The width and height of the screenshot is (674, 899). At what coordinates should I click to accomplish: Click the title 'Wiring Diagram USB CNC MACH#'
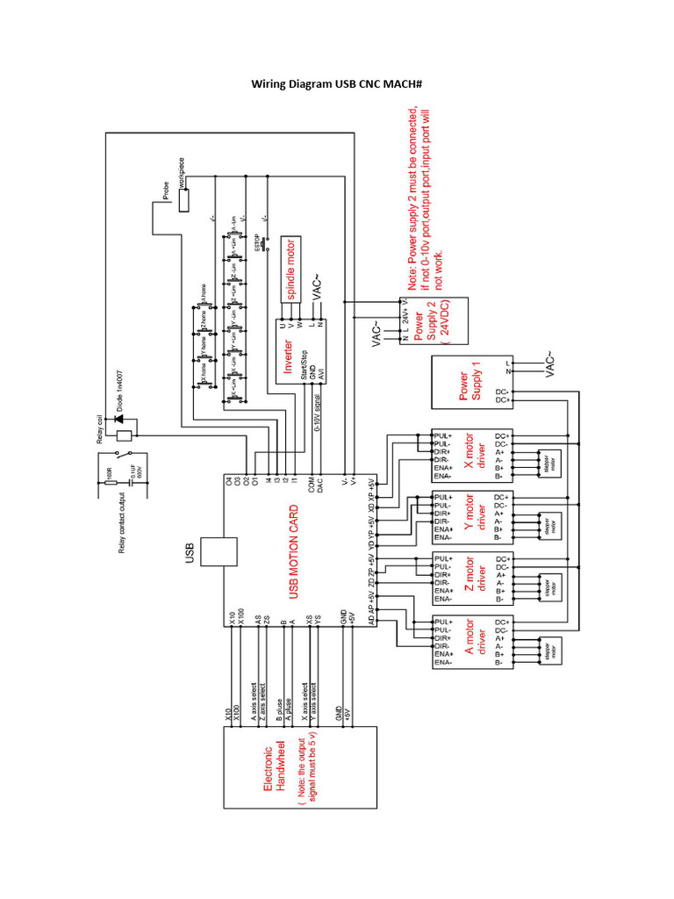coord(338,84)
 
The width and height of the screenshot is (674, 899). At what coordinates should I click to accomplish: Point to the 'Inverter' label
coord(287,356)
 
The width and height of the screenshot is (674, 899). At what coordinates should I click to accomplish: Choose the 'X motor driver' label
coord(474,456)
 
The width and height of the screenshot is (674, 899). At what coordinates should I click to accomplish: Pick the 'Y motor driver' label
coord(474,517)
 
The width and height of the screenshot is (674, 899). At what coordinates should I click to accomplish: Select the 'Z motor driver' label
coord(474,579)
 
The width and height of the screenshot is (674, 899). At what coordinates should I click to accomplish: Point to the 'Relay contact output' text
coord(122,519)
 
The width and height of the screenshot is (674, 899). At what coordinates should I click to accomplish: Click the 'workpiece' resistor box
coord(183,200)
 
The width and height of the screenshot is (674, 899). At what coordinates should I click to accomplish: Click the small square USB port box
coord(219,552)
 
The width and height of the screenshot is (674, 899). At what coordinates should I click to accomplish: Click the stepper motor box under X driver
coord(552,467)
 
